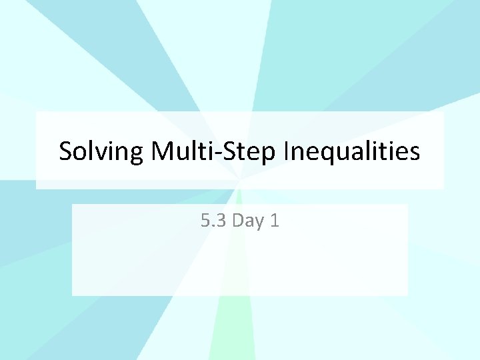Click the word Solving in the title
pyautogui.click(x=101, y=151)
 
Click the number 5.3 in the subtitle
pyautogui.click(x=214, y=221)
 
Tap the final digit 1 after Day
pyautogui.click(x=275, y=221)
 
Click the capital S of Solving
pyautogui.click(x=65, y=151)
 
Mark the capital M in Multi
pyautogui.click(x=162, y=151)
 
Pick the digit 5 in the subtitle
pyautogui.click(x=205, y=221)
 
